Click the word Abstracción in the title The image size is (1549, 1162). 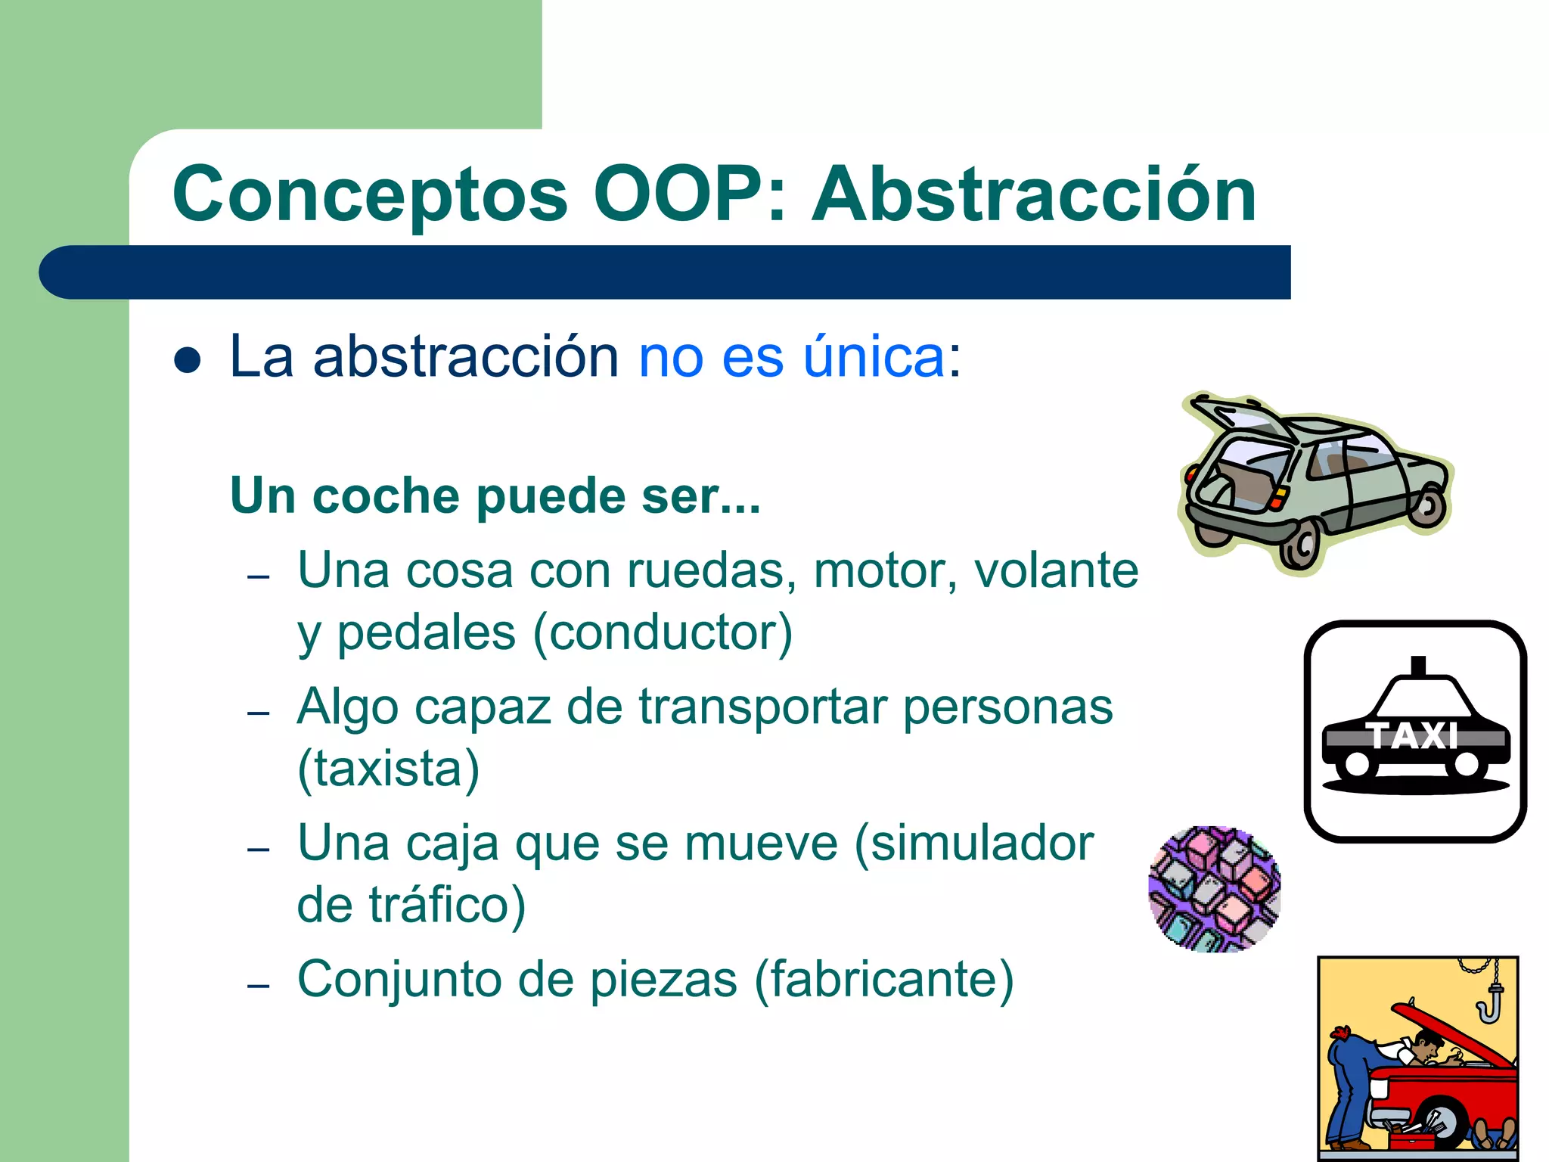[x=1033, y=195]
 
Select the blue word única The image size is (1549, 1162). [x=874, y=356]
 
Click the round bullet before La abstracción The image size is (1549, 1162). [x=187, y=360]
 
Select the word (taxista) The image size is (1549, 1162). [x=388, y=769]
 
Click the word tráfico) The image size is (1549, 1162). [x=447, y=905]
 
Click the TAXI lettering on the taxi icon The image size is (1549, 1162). [x=1413, y=736]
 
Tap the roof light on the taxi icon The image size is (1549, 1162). [x=1418, y=666]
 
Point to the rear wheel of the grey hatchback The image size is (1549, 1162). [x=1298, y=545]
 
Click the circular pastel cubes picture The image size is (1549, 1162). [x=1214, y=889]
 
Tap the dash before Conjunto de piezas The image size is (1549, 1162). [x=259, y=986]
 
